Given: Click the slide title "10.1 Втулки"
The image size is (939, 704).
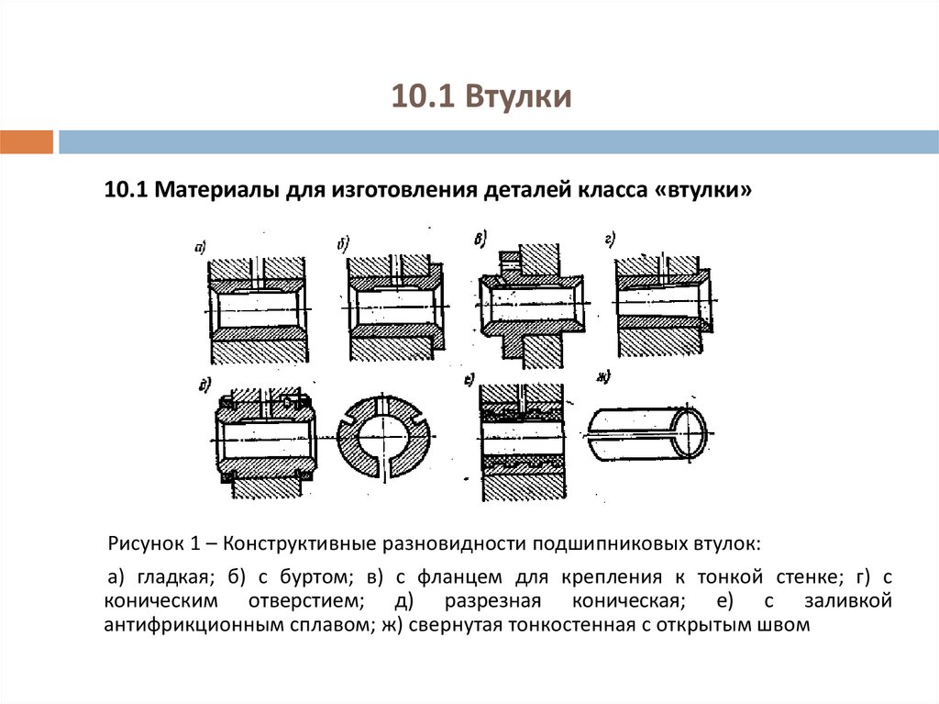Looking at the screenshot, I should (x=481, y=97).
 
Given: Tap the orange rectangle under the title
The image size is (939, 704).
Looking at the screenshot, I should (x=27, y=142).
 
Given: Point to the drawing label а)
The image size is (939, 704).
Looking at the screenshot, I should (x=199, y=246).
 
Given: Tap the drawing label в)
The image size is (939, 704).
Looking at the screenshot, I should (x=480, y=238).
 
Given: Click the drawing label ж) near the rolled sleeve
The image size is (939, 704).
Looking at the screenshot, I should (x=602, y=377).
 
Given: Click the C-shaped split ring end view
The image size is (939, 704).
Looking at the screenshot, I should (x=385, y=436).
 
